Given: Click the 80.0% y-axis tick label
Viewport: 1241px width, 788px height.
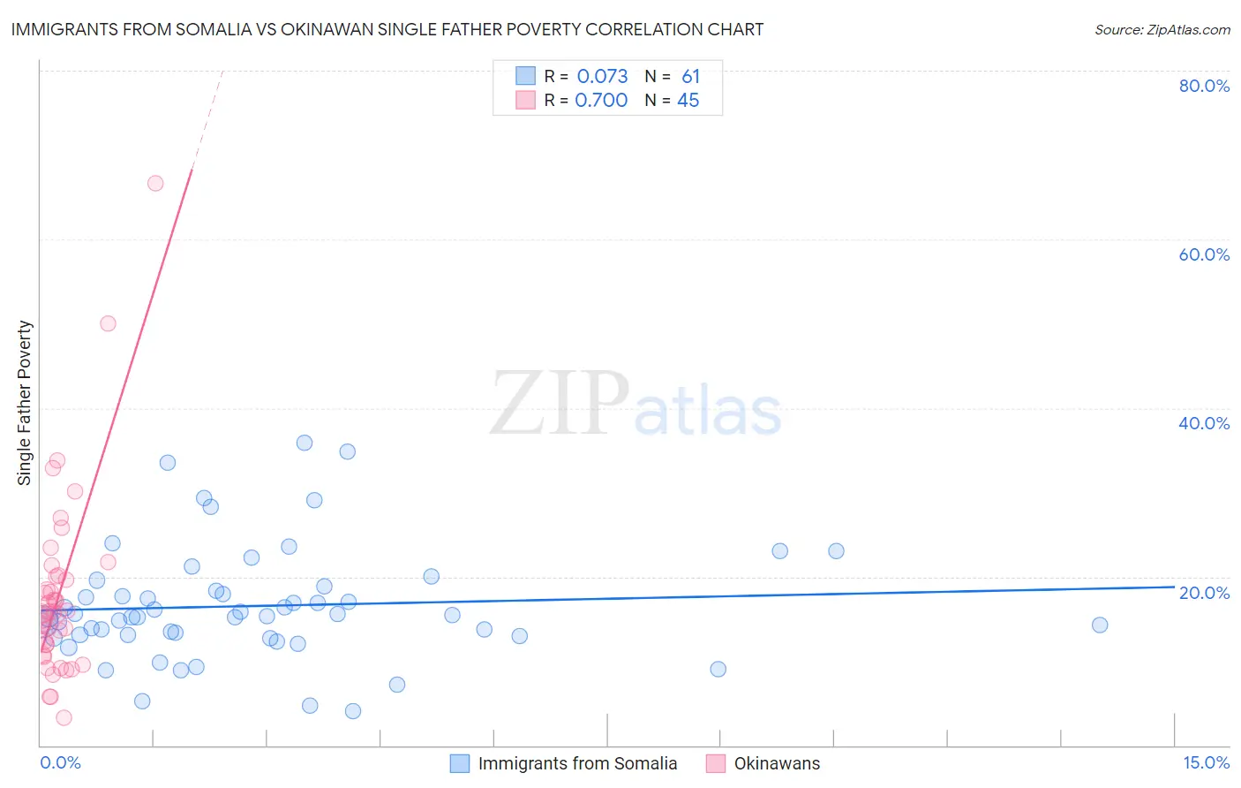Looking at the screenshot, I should point(1204,86).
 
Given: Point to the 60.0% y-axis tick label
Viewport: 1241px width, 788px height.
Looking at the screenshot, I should point(1204,254).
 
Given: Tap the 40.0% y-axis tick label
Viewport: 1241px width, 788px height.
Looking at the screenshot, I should point(1204,423).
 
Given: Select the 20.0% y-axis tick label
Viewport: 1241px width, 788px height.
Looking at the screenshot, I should point(1204,593).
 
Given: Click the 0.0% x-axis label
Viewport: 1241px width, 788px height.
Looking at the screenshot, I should point(60,762).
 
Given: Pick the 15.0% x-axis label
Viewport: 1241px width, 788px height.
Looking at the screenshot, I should point(1206,762).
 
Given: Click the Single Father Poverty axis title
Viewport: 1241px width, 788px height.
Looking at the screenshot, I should point(25,403).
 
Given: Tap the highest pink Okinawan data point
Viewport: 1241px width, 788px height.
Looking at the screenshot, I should point(155,183).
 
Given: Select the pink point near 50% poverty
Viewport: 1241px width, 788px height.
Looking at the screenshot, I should point(108,323).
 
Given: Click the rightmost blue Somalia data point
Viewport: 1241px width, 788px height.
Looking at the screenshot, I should point(1100,625).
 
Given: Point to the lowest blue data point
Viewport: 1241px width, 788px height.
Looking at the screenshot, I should point(353,711).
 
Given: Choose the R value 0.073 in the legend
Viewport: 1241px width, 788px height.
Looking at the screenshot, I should point(602,77).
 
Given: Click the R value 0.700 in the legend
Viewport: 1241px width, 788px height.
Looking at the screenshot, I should point(601,101).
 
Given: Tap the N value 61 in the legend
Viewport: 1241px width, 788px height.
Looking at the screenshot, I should point(690,77).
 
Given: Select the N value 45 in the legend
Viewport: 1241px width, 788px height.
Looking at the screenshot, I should point(688,101).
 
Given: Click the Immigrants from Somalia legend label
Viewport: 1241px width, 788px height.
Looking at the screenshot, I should point(577,763).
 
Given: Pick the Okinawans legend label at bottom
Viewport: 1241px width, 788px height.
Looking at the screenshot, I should point(777,763).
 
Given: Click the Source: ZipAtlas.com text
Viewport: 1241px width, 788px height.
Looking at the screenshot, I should point(1162,30).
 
